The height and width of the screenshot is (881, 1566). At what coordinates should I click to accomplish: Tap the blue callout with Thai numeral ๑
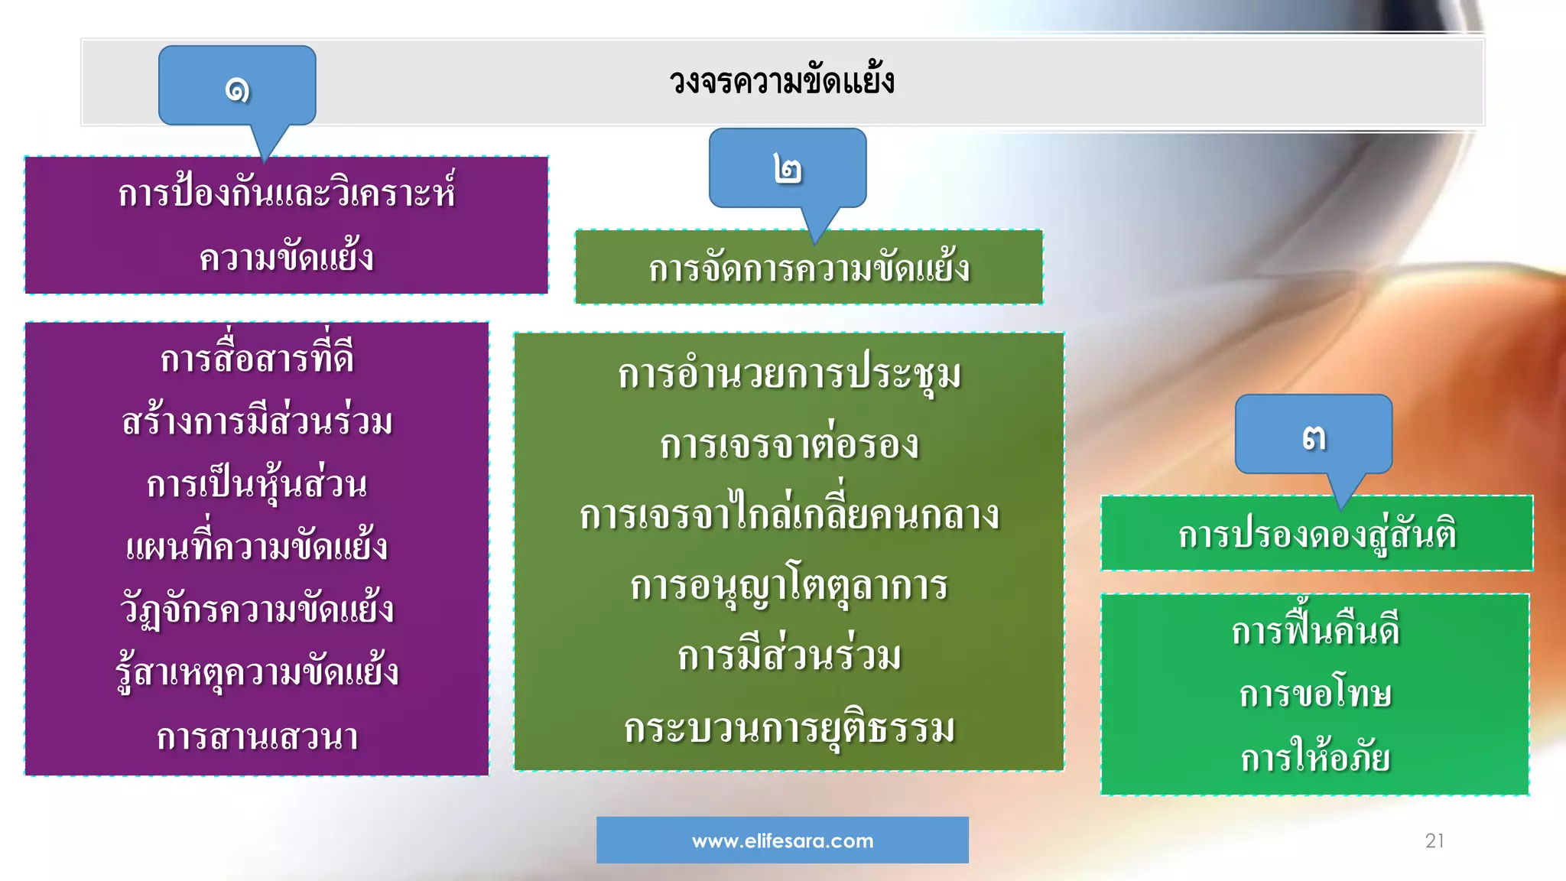click(x=237, y=86)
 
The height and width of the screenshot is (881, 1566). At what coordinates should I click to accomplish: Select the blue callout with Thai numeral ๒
click(x=788, y=168)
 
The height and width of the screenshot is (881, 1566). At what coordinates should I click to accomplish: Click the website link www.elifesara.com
click(x=782, y=840)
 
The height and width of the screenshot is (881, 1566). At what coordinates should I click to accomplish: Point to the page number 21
click(x=1434, y=840)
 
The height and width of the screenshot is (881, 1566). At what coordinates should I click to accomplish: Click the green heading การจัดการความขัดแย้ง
click(x=809, y=268)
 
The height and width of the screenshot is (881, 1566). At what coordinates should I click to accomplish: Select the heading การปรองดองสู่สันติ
click(x=1317, y=534)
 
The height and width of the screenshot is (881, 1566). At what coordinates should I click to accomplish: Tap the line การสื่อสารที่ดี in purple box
click(x=257, y=359)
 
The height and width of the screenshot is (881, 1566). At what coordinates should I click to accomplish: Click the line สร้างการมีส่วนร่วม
click(x=257, y=421)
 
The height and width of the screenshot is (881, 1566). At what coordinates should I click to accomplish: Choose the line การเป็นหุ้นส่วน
click(x=257, y=485)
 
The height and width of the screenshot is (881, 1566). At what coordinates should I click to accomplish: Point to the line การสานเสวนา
click(x=257, y=737)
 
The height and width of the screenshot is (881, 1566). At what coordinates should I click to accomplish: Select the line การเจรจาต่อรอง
click(x=789, y=445)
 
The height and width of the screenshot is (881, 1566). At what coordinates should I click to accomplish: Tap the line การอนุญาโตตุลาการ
click(x=789, y=587)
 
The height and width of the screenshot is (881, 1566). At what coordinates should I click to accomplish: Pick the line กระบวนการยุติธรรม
click(x=789, y=728)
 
